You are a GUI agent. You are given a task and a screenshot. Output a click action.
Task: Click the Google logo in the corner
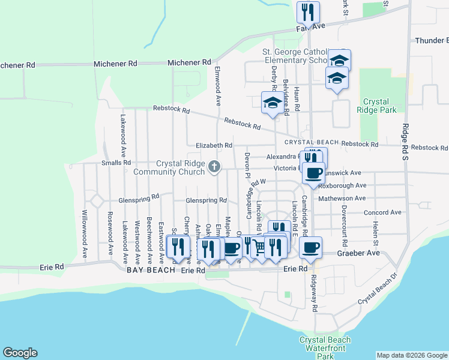tap(20, 353)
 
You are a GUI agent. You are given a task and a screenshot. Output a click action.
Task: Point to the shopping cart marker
tap(259, 247)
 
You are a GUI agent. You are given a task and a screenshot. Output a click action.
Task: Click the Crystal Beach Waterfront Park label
tap(325, 348)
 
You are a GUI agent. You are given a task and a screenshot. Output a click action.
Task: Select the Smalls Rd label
tap(116, 163)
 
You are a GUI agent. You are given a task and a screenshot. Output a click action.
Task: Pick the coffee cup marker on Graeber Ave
tap(310, 248)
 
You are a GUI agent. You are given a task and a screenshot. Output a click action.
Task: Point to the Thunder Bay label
tap(432, 41)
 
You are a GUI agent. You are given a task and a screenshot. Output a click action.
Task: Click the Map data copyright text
tap(411, 355)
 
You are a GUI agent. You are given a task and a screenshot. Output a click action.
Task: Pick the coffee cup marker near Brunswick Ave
tap(313, 173)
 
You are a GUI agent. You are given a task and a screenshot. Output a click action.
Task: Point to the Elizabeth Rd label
tap(214, 145)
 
